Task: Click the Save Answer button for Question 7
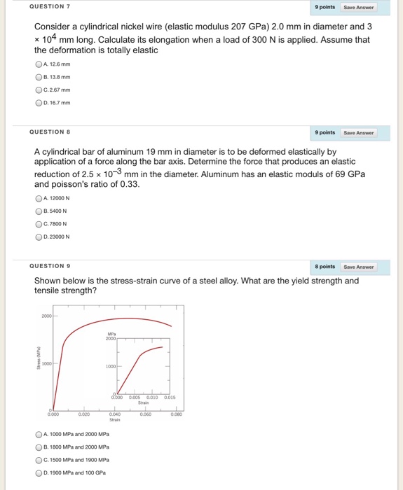tap(359, 7)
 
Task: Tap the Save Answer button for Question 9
tap(359, 267)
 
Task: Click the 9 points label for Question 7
tap(325, 7)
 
